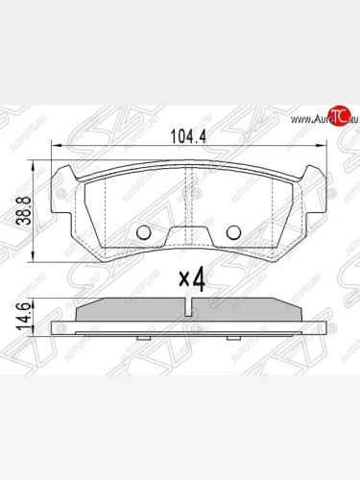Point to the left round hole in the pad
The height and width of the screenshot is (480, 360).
pyautogui.click(x=145, y=232)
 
